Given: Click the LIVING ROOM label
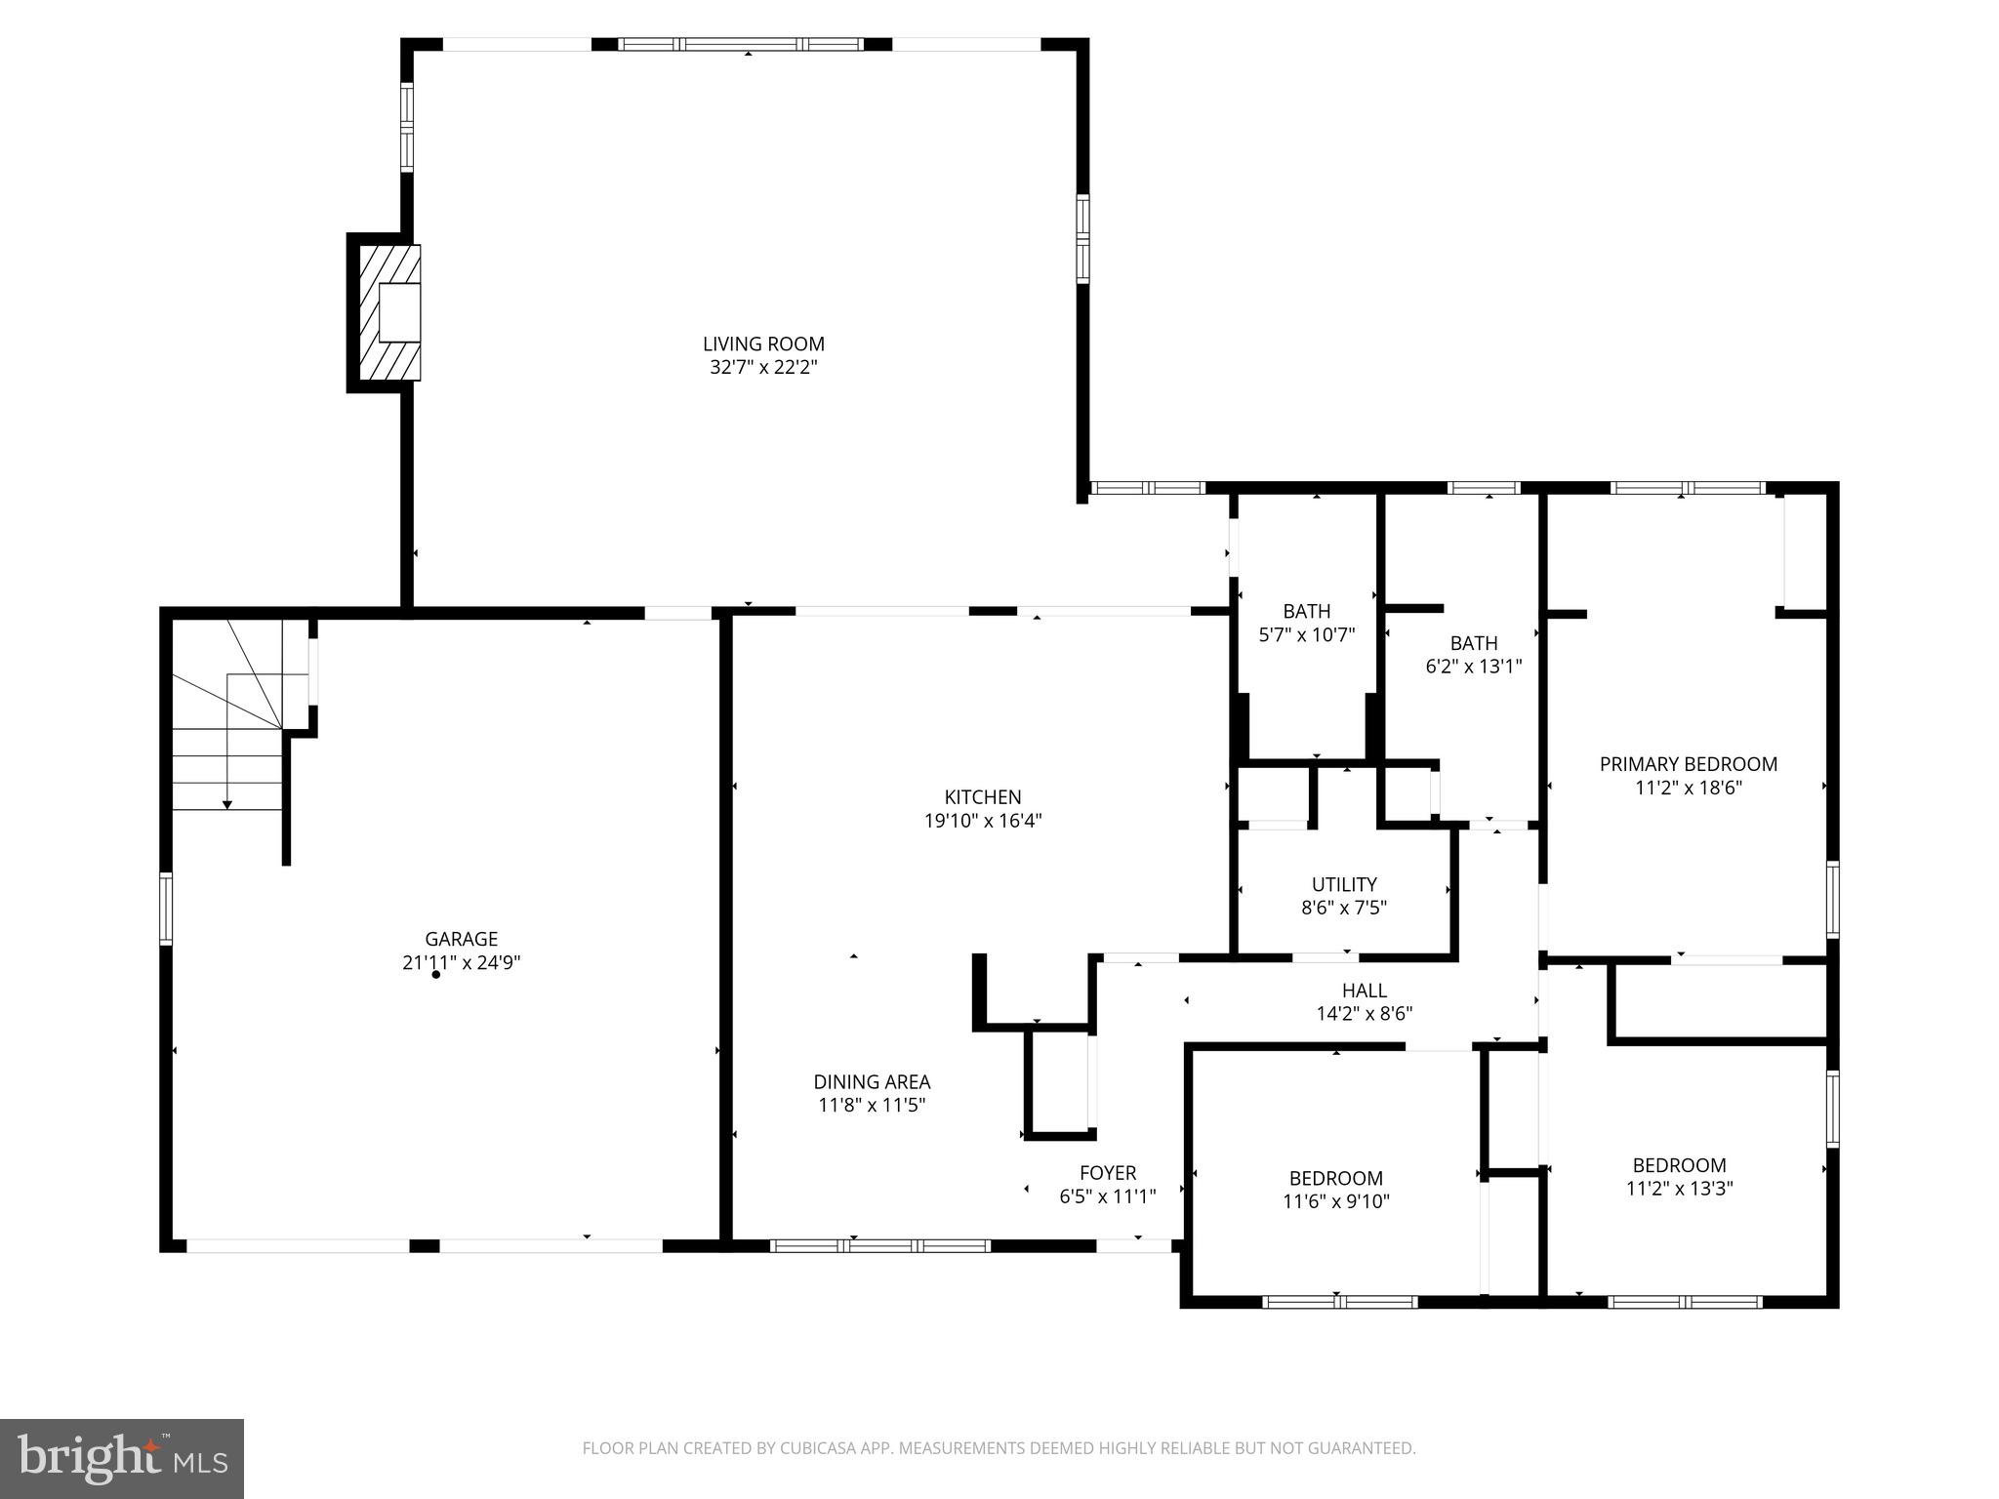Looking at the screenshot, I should tap(763, 344).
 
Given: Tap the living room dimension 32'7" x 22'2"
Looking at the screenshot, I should tap(763, 368).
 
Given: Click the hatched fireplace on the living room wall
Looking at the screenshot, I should tap(389, 312).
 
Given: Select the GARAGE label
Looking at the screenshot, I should tap(461, 939).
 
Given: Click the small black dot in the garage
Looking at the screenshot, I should tap(436, 975).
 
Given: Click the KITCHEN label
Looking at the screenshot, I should tap(983, 797).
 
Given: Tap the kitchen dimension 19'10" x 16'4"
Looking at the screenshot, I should tap(983, 821).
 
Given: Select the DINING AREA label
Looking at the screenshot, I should tap(872, 1081).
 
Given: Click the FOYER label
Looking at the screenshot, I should tap(1108, 1173).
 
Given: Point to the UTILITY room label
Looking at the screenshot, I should tap(1344, 884).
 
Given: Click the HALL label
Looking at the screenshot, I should tap(1364, 991).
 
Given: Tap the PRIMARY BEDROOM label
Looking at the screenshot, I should tap(1688, 764).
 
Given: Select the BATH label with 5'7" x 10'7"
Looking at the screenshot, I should tap(1306, 612).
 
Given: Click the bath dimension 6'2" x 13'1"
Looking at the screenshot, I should tap(1474, 668).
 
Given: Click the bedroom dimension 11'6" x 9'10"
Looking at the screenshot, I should tap(1335, 1202).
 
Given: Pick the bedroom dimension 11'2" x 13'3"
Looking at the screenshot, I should tap(1679, 1189).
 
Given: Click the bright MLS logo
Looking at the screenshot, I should tap(122, 1458).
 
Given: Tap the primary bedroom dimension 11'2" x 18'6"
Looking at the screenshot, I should tap(1688, 788).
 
